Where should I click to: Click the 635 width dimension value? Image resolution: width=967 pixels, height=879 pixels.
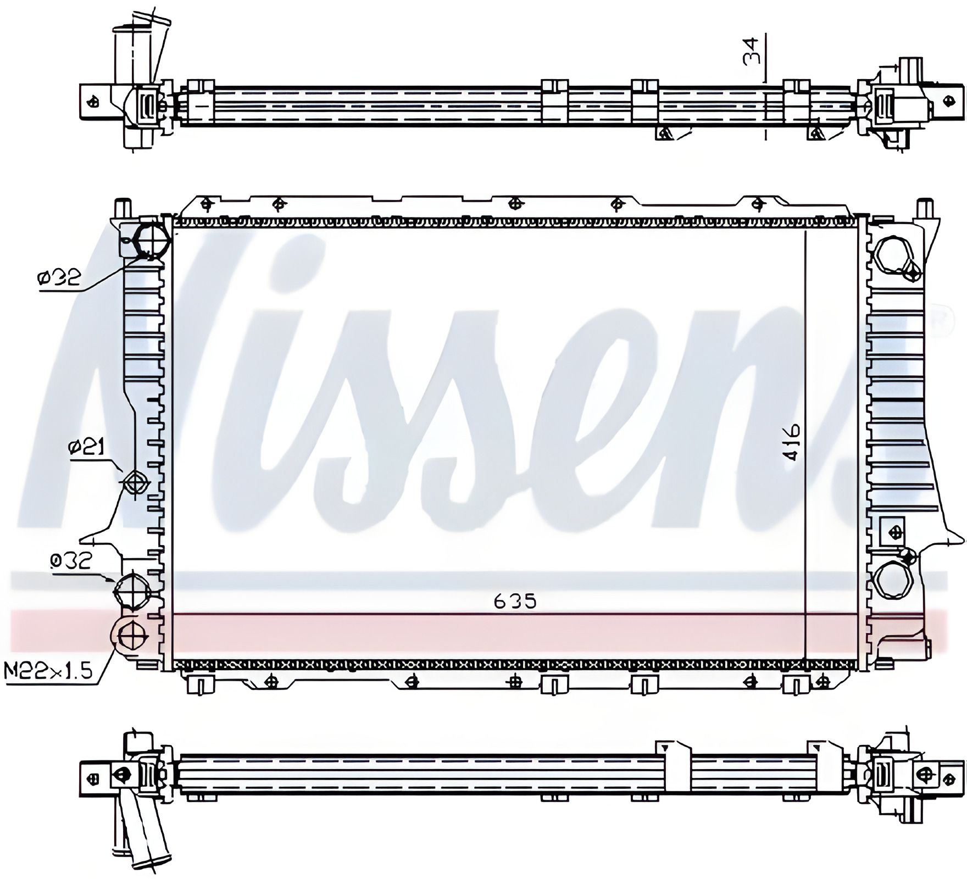tap(514, 602)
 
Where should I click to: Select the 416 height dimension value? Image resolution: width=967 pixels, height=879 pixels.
tap(793, 442)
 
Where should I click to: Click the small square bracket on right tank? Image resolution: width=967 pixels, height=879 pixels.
tap(892, 532)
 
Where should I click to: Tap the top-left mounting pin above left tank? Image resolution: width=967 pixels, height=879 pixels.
tap(123, 209)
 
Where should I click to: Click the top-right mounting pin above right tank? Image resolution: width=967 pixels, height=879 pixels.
tap(925, 209)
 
